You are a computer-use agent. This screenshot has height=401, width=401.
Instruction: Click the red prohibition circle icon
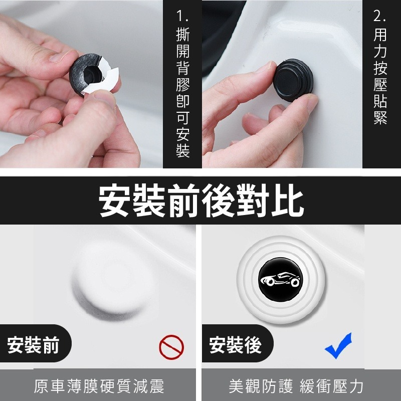(x=171, y=347)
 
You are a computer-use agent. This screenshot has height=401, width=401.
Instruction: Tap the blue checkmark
(x=338, y=346)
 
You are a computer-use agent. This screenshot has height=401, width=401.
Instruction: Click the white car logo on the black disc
(x=280, y=280)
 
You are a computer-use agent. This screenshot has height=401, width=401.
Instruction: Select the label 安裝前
(x=33, y=345)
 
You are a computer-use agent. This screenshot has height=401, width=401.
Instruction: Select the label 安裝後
(x=235, y=345)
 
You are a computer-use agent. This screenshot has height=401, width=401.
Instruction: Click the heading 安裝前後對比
(x=202, y=200)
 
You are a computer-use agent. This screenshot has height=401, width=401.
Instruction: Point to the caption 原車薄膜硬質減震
(x=99, y=386)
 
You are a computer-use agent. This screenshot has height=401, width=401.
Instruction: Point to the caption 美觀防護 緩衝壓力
(x=296, y=386)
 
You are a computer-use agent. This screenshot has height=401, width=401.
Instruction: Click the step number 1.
(x=182, y=16)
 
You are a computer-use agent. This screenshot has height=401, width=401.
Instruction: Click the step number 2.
(x=380, y=16)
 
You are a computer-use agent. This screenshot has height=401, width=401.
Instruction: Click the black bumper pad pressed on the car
(x=293, y=80)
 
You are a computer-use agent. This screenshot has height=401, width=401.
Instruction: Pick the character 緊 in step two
(x=380, y=118)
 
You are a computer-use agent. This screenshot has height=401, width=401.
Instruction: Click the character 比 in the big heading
(x=288, y=200)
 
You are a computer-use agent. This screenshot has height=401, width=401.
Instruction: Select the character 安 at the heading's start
(x=115, y=200)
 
